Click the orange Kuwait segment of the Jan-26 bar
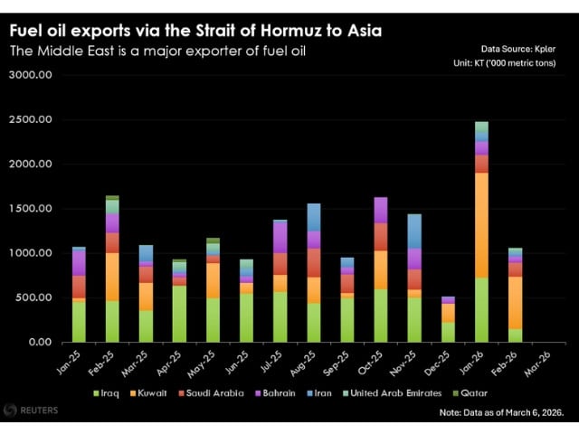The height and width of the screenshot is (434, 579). pyautogui.click(x=481, y=226)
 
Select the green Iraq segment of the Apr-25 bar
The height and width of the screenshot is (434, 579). pyautogui.click(x=180, y=314)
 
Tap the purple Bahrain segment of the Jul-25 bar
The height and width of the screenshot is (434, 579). pyautogui.click(x=280, y=237)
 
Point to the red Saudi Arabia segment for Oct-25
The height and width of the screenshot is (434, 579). pyautogui.click(x=381, y=236)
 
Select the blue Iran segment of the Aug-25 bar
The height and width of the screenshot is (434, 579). pyautogui.click(x=314, y=217)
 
